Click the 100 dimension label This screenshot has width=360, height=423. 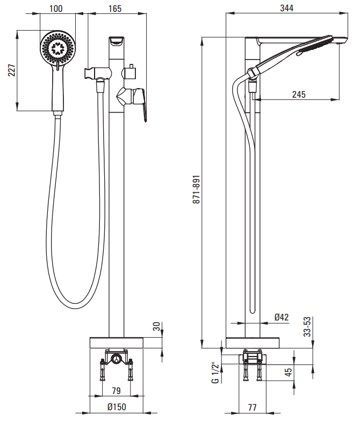point(56,9)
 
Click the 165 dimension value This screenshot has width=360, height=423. point(115,9)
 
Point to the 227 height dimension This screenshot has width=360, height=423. point(12,70)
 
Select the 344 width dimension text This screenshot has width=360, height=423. point(286,8)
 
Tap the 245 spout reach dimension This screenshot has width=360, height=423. point(299,94)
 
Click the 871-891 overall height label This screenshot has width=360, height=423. point(196,189)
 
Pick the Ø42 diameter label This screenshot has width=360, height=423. point(282,317)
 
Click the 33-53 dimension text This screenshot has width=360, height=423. point(307,327)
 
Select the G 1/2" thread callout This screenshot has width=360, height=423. point(215,374)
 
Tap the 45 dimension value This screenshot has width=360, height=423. point(289,372)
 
